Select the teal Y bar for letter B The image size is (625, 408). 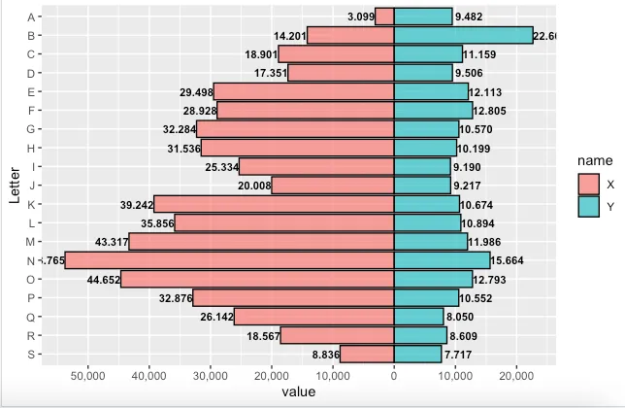coord(463,35)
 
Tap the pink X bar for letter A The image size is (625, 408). coord(384,17)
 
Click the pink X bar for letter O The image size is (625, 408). coord(257,279)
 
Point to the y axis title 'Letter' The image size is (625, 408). coord(13,185)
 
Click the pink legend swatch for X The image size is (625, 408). coord(589,184)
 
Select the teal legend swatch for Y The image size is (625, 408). coord(589,206)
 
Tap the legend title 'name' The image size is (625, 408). coord(593,160)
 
